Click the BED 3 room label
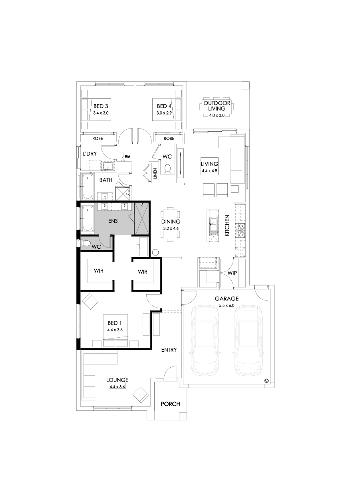click(101, 106)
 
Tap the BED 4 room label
click(164, 106)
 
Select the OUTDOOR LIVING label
click(217, 105)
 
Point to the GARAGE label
click(227, 298)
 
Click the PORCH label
click(170, 404)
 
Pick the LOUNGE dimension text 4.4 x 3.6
click(117, 387)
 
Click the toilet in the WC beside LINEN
click(168, 169)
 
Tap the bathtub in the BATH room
click(87, 186)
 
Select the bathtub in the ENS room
click(87, 218)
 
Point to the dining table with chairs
click(171, 224)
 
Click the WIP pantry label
click(232, 273)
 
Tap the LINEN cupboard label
click(155, 174)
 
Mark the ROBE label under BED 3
click(98, 139)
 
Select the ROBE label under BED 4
click(169, 139)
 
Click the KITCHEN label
click(227, 226)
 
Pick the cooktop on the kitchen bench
click(241, 230)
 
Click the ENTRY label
click(169, 350)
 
